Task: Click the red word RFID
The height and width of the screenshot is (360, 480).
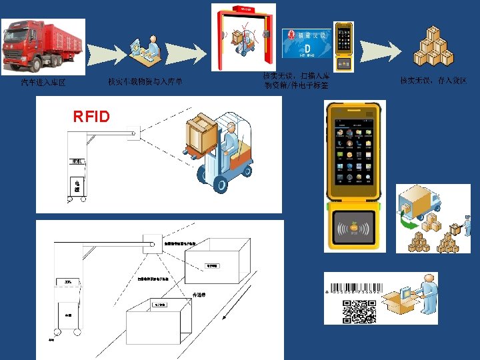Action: point(91,117)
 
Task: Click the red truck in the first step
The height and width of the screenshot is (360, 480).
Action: point(43,47)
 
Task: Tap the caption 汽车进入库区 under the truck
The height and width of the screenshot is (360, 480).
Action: point(43,83)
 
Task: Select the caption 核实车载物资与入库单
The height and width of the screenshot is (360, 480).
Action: point(145,82)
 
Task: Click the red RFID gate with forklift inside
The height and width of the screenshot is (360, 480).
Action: point(243,36)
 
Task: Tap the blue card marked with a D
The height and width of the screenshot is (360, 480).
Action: point(307,44)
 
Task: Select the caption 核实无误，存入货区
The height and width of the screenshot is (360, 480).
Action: point(433,81)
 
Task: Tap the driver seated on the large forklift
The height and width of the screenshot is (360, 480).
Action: point(229,143)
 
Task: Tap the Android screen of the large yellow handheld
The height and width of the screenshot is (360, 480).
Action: point(353,151)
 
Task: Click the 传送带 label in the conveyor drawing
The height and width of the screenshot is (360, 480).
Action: point(199,294)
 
